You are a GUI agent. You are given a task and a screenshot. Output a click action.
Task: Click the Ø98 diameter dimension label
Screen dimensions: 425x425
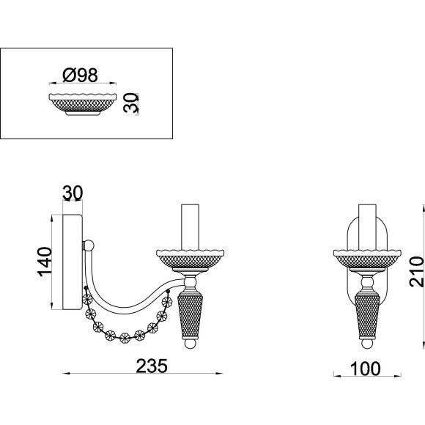click(x=80, y=75)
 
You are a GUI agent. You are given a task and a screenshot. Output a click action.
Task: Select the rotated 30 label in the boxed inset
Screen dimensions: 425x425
click(x=130, y=103)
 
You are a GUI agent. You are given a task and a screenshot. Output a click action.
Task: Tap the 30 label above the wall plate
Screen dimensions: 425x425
click(x=73, y=193)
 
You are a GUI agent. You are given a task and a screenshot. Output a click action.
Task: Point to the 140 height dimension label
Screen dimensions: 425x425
click(x=45, y=262)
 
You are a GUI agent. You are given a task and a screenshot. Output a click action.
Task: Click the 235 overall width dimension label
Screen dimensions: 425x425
click(x=152, y=366)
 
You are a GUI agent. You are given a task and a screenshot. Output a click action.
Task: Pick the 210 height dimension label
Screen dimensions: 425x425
click(x=416, y=272)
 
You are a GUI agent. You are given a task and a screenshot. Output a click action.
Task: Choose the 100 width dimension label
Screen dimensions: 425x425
click(x=366, y=369)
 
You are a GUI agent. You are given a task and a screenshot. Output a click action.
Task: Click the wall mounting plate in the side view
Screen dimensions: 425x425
click(x=73, y=262)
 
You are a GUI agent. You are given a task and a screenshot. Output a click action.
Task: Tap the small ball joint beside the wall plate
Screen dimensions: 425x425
click(x=89, y=245)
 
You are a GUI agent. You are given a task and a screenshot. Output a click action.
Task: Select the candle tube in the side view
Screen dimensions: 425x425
click(x=190, y=227)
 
